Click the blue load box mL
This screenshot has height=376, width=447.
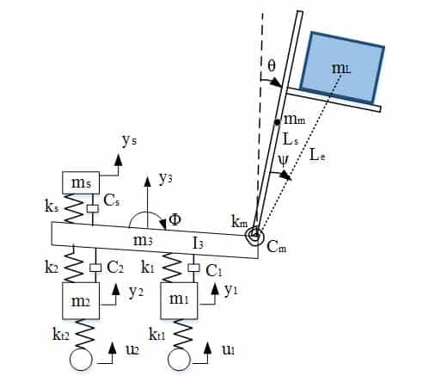coord(342,68)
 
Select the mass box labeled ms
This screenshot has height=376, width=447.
coord(81,182)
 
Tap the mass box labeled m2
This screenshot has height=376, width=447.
coord(81,301)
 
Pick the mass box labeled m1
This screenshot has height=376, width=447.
coord(179,301)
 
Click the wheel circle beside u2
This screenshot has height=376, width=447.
coord(81,360)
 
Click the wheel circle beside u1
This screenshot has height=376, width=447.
coord(179,360)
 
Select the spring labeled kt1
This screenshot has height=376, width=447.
coord(181,334)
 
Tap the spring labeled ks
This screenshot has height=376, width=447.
coord(73,208)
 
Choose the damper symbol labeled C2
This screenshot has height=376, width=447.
coord(95,268)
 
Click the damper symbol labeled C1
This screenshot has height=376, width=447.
coord(193,268)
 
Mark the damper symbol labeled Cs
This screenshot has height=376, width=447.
coord(93,209)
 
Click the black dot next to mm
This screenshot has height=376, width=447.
coord(277,122)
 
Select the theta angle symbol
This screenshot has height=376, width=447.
coord(271,65)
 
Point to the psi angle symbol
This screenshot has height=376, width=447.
coord(284,161)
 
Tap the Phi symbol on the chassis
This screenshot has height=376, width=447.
coord(175,219)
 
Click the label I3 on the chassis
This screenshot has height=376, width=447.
coord(199,243)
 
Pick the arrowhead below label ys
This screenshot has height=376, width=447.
coord(118,159)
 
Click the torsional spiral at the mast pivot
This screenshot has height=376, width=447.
coord(254,236)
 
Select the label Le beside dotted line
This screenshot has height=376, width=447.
coord(317,156)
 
